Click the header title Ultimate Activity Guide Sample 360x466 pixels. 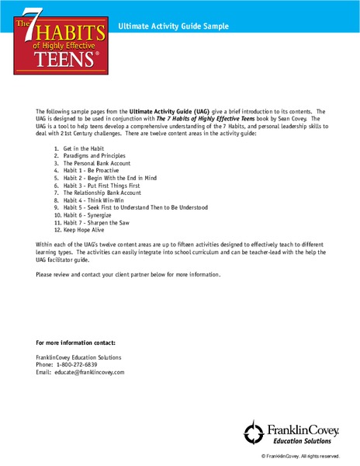(173, 26)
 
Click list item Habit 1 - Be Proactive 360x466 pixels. (96, 172)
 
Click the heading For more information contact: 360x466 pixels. (76, 343)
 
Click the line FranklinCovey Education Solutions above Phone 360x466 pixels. (78, 357)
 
